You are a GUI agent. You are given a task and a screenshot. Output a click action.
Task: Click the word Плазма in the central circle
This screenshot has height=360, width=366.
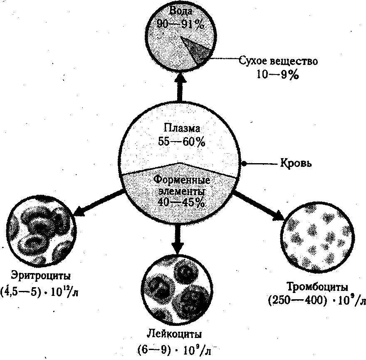[181, 128]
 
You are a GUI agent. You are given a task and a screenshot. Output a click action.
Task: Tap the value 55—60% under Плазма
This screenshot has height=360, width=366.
[181, 142]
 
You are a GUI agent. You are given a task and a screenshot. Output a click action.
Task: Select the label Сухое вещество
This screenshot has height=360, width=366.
[278, 62]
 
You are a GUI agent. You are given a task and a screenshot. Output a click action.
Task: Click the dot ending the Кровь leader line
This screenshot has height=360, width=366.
[245, 164]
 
